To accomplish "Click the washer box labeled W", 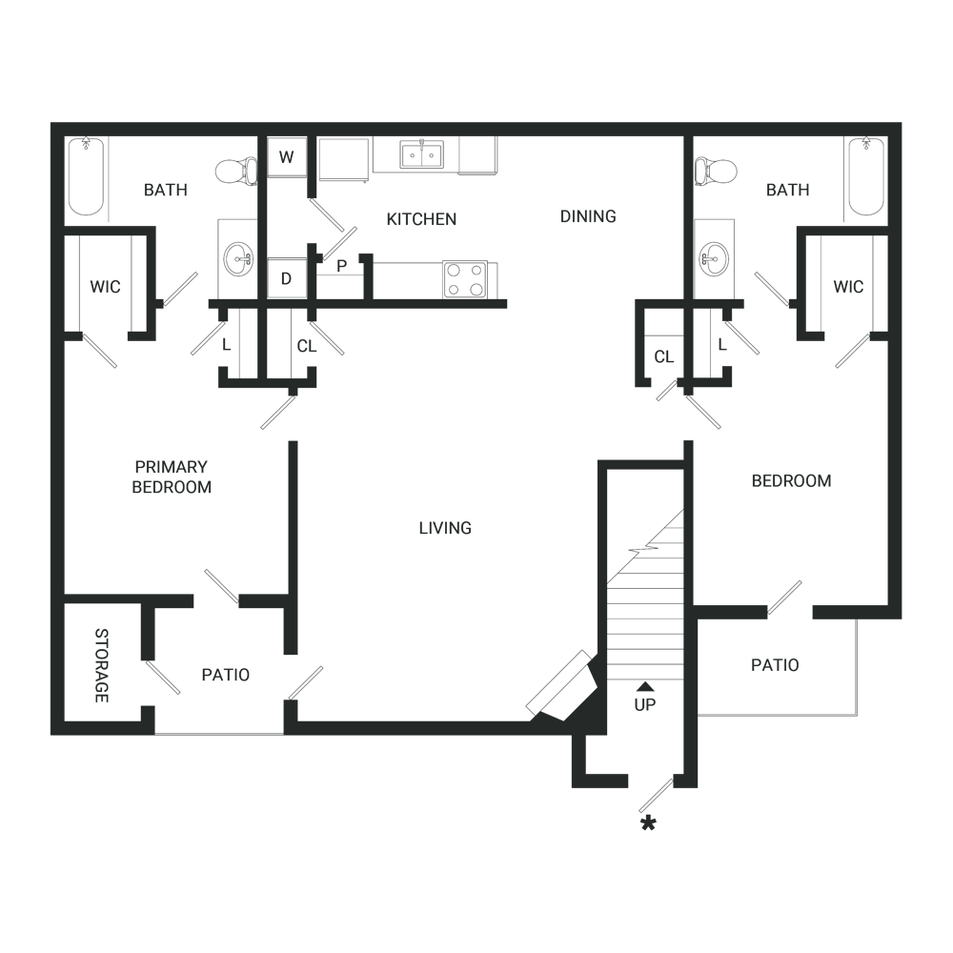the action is click(287, 157).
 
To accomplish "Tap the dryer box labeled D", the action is click(287, 277).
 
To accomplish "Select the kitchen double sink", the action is click(422, 153).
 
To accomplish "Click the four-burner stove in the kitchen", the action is click(466, 279).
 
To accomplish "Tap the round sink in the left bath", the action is click(238, 259).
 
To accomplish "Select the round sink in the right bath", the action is click(714, 259).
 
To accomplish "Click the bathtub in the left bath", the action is click(86, 176).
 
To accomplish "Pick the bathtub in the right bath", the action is click(866, 176).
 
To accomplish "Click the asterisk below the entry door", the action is click(648, 824).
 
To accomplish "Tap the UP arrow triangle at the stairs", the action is click(645, 687).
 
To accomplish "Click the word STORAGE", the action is click(102, 665).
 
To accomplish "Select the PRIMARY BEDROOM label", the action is click(172, 477).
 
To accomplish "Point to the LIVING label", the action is click(445, 528).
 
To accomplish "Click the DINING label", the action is click(588, 216).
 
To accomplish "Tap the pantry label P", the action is click(341, 266).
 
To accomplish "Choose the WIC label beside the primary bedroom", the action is click(105, 287).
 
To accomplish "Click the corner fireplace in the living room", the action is click(566, 687).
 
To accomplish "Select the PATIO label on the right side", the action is click(775, 665).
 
